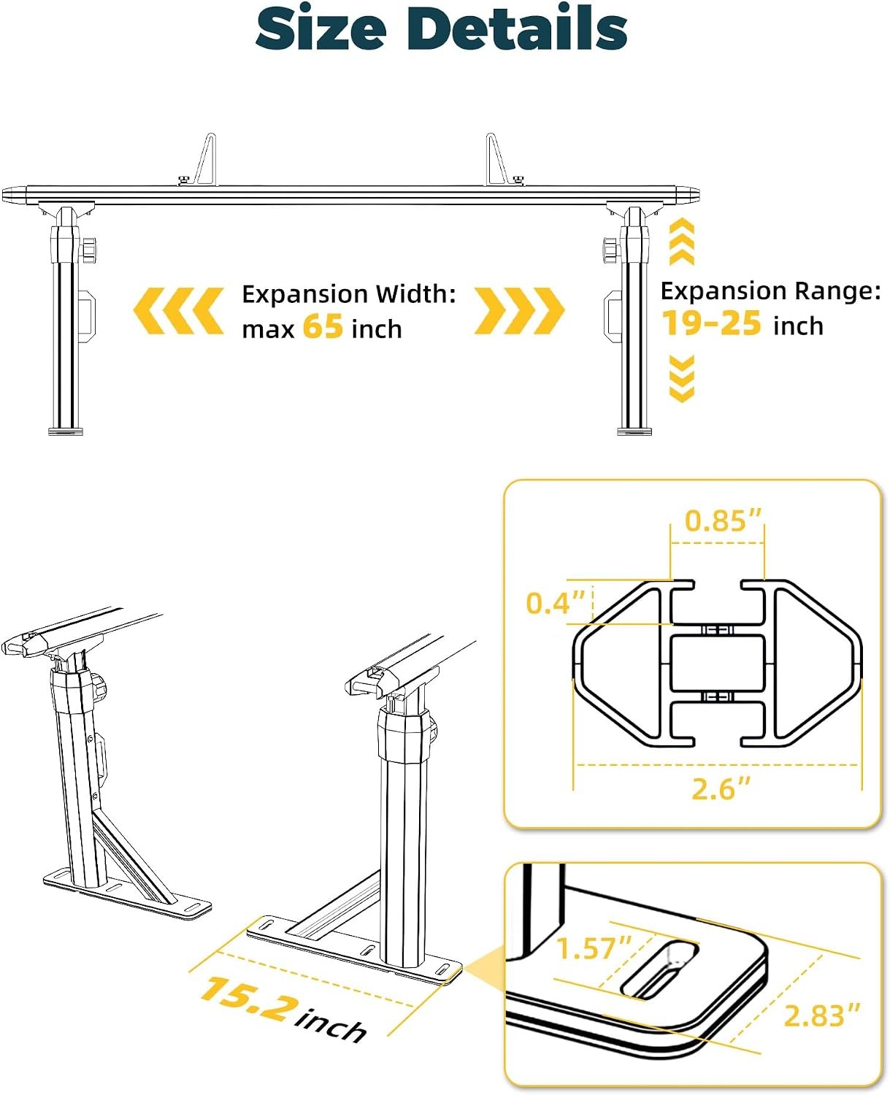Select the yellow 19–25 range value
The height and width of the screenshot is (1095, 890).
[711, 323]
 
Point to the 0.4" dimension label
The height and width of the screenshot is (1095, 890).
[556, 603]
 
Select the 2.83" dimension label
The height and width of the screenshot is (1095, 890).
[821, 1015]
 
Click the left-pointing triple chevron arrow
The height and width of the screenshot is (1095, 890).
[178, 311]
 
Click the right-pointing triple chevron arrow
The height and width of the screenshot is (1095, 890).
[519, 311]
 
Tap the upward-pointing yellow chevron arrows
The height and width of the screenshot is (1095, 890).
[682, 241]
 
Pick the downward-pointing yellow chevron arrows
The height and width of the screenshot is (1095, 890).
[682, 378]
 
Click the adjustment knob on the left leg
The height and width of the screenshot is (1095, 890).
[88, 250]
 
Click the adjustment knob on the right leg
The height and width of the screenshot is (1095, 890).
[611, 250]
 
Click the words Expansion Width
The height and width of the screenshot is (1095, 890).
[348, 294]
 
